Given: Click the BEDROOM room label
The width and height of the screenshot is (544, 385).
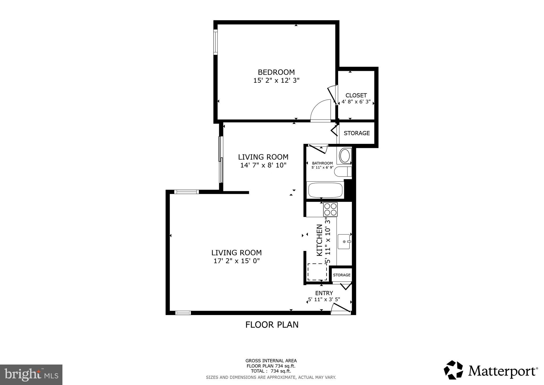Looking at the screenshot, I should [x=276, y=72].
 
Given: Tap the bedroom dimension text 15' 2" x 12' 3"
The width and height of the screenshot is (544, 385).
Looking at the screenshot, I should [x=276, y=80].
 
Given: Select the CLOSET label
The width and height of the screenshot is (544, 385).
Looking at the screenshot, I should [x=356, y=95].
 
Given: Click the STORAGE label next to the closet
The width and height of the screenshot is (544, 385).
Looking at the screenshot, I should [x=356, y=133].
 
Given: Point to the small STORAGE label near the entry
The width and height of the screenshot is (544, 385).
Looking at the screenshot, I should [x=342, y=275].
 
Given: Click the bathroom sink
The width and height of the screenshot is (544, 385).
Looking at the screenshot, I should [x=345, y=156].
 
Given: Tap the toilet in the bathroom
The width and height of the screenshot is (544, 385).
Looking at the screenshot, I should [x=342, y=171].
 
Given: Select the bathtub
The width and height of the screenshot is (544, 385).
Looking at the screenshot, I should [x=325, y=190].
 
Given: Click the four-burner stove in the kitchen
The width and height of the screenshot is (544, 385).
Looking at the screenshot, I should [x=330, y=209].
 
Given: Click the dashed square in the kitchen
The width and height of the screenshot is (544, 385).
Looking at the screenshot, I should [x=317, y=272].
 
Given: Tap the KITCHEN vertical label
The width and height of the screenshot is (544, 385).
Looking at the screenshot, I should [x=320, y=240].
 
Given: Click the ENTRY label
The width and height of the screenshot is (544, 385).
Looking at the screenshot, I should [x=324, y=293].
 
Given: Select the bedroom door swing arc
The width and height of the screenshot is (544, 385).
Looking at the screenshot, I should [x=320, y=110].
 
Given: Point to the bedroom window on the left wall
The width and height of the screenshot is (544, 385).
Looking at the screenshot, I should [x=215, y=42].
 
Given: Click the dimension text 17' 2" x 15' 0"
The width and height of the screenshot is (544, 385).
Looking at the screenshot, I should [x=236, y=261].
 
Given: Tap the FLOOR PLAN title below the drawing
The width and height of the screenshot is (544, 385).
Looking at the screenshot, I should [x=272, y=325].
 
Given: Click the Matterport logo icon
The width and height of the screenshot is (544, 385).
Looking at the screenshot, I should [x=453, y=370].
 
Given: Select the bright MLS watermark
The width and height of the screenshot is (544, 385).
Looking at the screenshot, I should [x=31, y=375].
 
